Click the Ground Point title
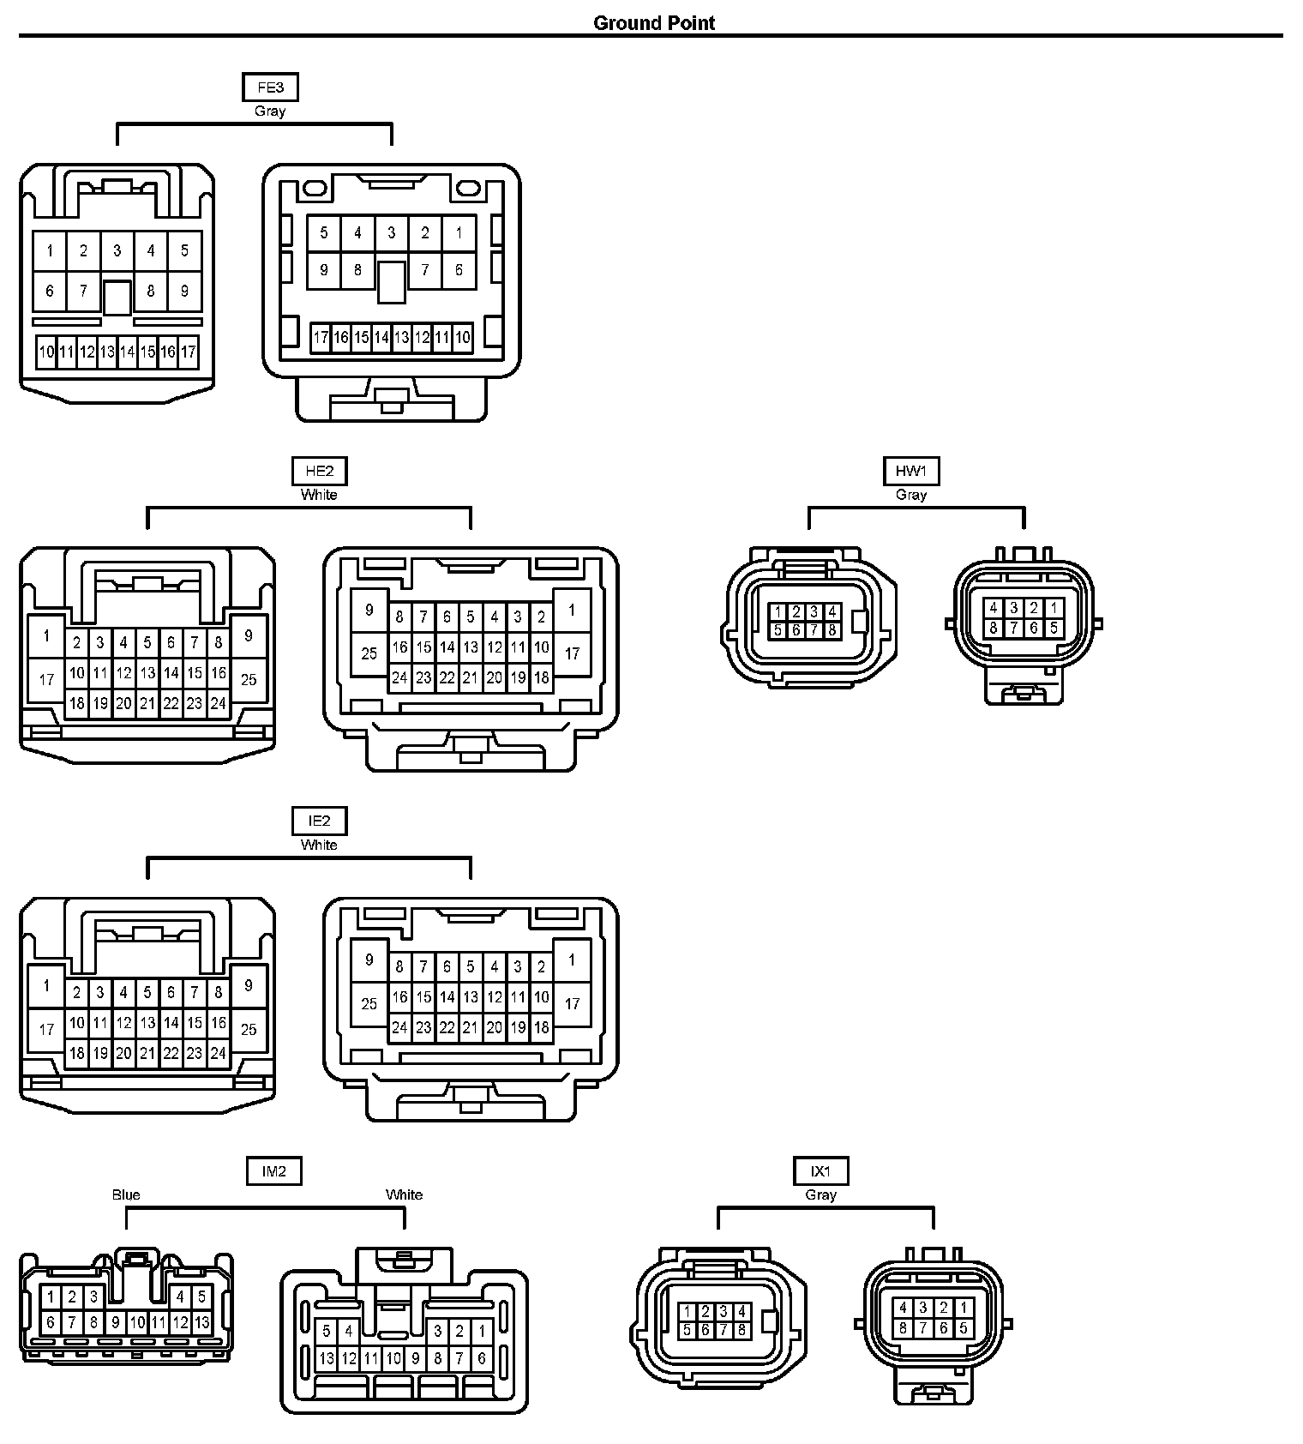point(653,23)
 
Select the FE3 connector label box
point(270,87)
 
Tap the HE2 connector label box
point(319,471)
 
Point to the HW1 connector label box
point(910,471)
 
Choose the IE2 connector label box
point(319,821)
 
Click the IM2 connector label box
point(273,1170)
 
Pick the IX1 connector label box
point(820,1170)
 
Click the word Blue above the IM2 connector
point(126,1194)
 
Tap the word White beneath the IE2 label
point(319,845)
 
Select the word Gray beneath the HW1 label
point(910,495)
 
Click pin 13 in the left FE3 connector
point(107,352)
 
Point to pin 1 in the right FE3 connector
point(459,232)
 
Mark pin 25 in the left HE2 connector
point(249,680)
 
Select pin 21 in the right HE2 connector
point(471,677)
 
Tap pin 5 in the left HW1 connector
point(778,630)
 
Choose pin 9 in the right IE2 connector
point(369,960)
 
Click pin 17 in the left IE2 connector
point(47,1029)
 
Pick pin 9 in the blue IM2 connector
point(116,1322)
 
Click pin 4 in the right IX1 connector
point(903,1308)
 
